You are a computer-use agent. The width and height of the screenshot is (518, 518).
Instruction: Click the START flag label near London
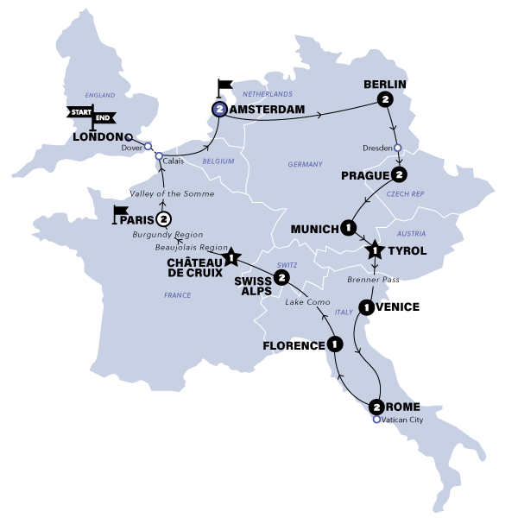click(79, 111)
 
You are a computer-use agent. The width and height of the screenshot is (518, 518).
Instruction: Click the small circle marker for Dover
click(148, 147)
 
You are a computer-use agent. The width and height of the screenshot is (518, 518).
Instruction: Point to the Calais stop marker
click(159, 155)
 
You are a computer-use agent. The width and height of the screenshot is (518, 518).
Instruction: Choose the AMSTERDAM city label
click(262, 111)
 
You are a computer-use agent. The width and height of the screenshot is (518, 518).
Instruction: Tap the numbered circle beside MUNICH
click(347, 227)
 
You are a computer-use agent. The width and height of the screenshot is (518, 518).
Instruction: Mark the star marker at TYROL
click(376, 252)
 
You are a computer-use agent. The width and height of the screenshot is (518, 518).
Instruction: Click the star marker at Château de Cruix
click(230, 256)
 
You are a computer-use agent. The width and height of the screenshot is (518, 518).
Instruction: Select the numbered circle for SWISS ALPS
click(281, 278)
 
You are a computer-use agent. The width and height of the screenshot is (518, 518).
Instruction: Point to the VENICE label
click(399, 306)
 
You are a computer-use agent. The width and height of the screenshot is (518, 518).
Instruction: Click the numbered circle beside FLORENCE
click(333, 345)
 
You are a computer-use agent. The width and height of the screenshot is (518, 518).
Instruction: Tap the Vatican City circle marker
click(376, 420)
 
